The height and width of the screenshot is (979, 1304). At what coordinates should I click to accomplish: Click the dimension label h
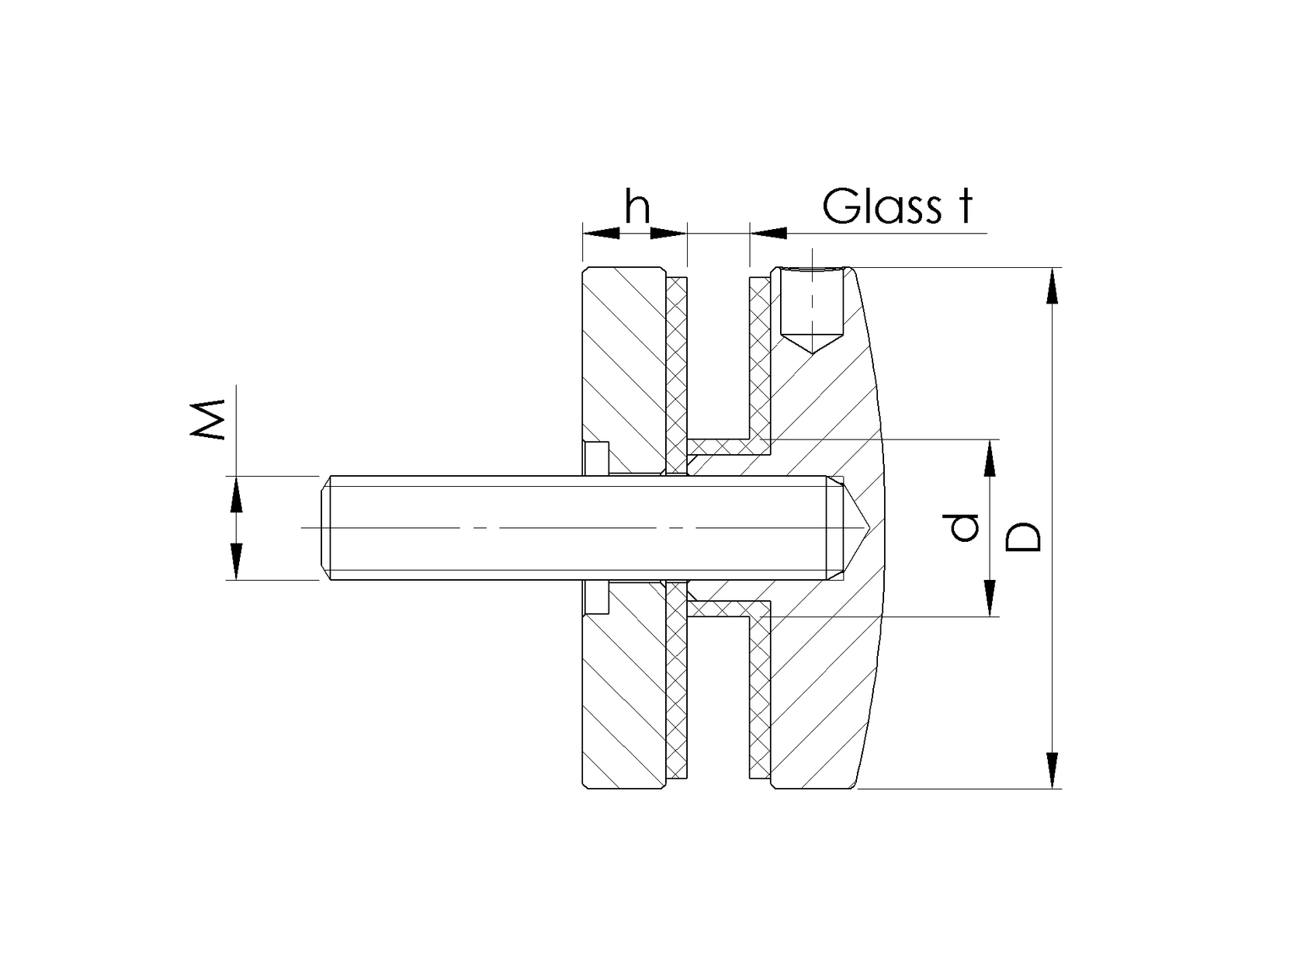(637, 207)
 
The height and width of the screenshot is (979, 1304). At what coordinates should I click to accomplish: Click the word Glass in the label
(880, 207)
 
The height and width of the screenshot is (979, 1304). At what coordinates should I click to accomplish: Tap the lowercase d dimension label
(965, 528)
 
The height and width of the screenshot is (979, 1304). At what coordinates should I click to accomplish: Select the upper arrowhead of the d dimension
(990, 457)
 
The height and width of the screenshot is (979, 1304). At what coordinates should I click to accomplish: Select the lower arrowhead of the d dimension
(990, 599)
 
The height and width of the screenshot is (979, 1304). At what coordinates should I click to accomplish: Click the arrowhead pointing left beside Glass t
(768, 232)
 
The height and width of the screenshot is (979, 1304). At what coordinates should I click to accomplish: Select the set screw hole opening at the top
(811, 272)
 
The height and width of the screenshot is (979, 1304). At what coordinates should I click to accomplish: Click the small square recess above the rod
(597, 457)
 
